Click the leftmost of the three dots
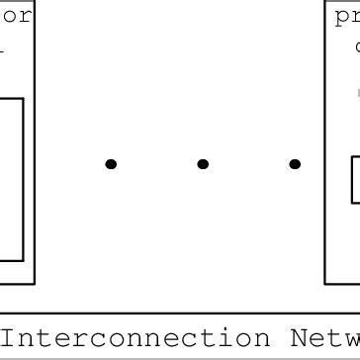(111, 164)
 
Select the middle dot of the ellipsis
(203, 164)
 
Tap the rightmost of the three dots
(295, 164)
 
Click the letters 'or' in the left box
(19, 17)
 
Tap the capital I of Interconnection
(9, 338)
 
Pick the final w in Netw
(352, 339)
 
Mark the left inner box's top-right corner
(23, 98)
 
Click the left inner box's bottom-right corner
(23, 261)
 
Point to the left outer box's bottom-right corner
(36, 284)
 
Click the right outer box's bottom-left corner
(326, 284)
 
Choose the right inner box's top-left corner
(352, 157)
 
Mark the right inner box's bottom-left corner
(352, 202)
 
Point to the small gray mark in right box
(357, 93)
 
